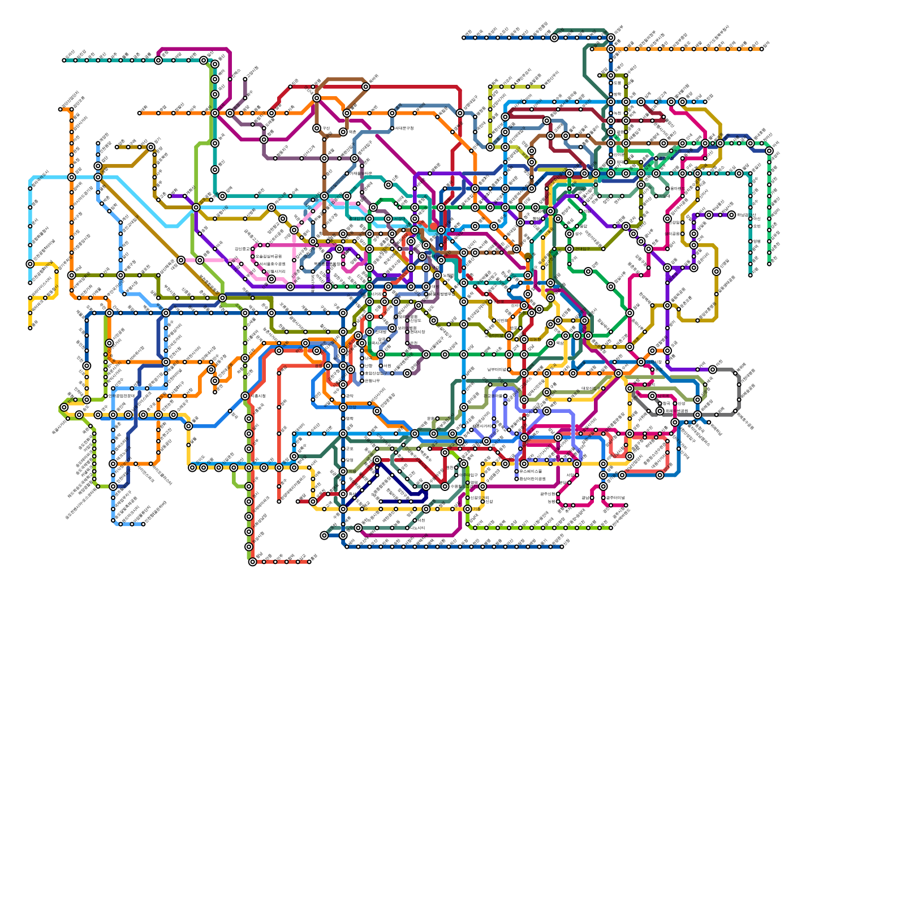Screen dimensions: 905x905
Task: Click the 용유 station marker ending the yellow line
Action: click(30, 327)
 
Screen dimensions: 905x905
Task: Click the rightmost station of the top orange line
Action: click(762, 49)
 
